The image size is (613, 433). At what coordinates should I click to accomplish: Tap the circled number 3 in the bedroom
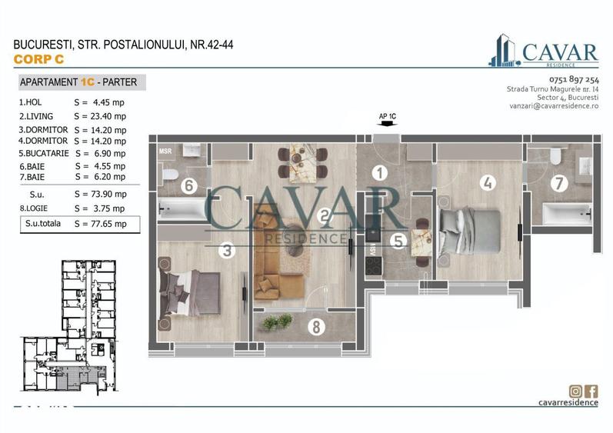pyautogui.click(x=225, y=250)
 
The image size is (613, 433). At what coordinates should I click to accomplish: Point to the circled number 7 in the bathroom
pyautogui.click(x=559, y=183)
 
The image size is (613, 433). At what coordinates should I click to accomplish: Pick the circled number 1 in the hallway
pyautogui.click(x=379, y=173)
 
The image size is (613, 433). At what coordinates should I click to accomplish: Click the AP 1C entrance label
pyautogui.click(x=387, y=117)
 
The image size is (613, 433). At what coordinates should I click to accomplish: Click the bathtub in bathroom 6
pyautogui.click(x=182, y=207)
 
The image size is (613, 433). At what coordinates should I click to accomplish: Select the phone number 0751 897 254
pyautogui.click(x=574, y=80)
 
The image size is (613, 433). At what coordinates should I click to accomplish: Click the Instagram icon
pyautogui.click(x=575, y=391)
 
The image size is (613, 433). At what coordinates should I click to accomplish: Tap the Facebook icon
pyautogui.click(x=591, y=391)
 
